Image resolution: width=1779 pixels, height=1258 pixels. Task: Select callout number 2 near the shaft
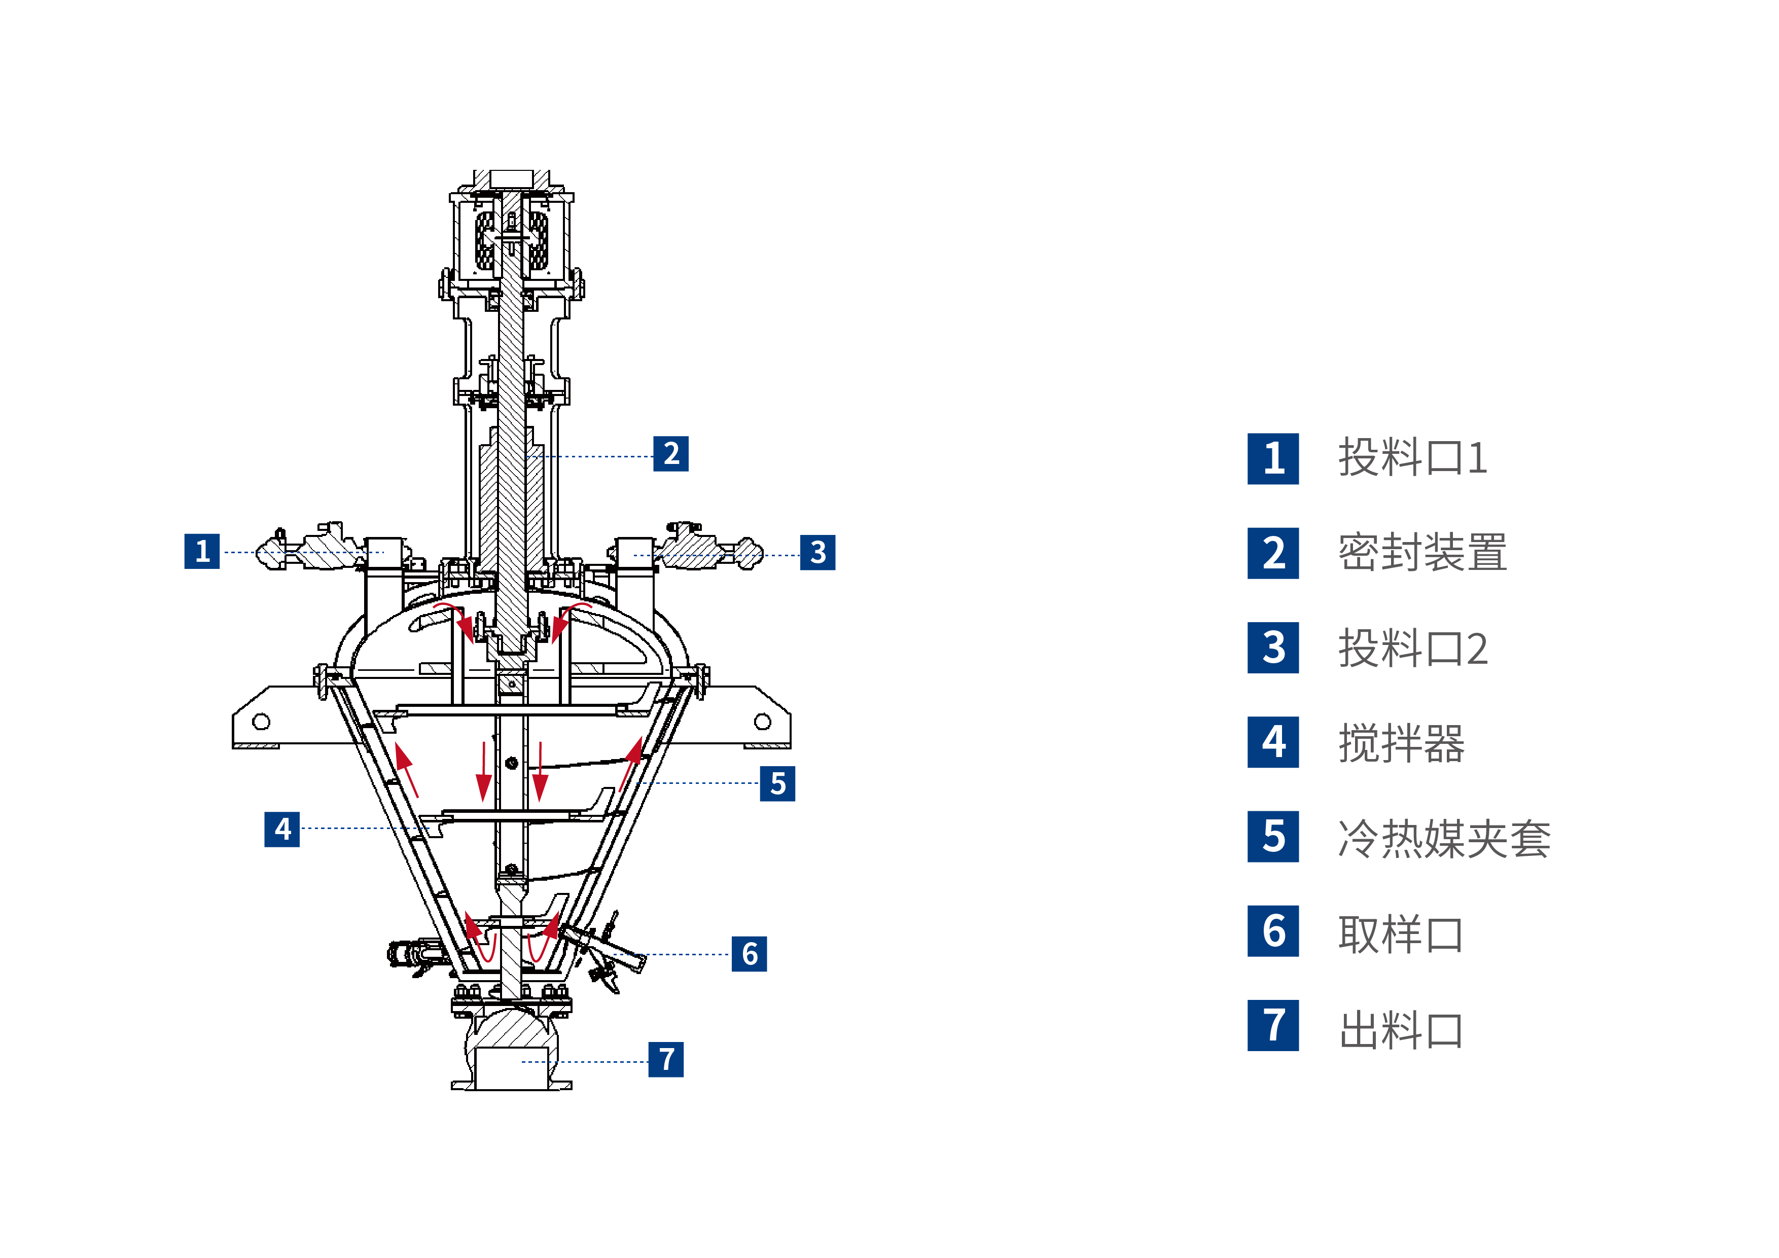pyautogui.click(x=670, y=453)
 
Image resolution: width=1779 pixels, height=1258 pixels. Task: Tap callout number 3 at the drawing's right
pyautogui.click(x=817, y=552)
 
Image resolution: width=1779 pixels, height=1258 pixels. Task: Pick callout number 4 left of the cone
pyautogui.click(x=282, y=829)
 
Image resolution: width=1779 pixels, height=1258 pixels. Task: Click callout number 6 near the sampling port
pyautogui.click(x=749, y=954)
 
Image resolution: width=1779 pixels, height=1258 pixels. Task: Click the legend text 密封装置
pyautogui.click(x=1422, y=553)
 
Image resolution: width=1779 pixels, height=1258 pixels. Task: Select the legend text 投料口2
pyautogui.click(x=1412, y=649)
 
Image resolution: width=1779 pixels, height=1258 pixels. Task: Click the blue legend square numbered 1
pyautogui.click(x=1273, y=458)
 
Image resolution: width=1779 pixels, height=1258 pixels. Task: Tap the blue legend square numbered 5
pyautogui.click(x=1273, y=837)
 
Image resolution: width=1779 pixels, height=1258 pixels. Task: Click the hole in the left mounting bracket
pyautogui.click(x=261, y=722)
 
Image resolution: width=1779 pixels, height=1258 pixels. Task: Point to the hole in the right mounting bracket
pyautogui.click(x=762, y=722)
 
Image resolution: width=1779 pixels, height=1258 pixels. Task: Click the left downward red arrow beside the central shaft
pyautogui.click(x=483, y=772)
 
